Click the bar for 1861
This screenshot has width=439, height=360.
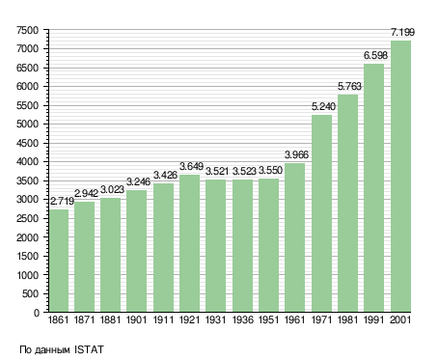tap(59, 261)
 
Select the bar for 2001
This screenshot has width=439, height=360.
tap(400, 177)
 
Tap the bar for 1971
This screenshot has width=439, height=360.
tap(321, 213)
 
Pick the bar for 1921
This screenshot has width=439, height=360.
tap(189, 243)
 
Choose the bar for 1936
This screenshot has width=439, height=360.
tap(242, 246)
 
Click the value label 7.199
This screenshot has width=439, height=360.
tap(402, 32)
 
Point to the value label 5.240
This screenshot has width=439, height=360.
tap(323, 106)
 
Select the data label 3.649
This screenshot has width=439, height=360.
tap(191, 166)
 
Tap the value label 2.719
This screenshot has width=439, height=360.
tap(62, 202)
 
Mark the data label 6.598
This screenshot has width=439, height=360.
tap(375, 55)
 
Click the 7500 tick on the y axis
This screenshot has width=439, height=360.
tap(27, 30)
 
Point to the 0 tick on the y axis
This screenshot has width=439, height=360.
tap(37, 313)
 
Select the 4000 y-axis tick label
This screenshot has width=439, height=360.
tap(27, 162)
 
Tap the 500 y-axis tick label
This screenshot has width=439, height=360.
tap(30, 293)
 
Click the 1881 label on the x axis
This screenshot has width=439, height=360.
tap(110, 320)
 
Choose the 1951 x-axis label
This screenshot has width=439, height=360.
tap(268, 320)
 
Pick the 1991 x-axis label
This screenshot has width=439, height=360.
tap(374, 320)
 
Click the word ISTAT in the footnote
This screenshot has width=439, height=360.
tap(89, 349)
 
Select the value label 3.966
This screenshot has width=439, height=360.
tap(296, 154)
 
